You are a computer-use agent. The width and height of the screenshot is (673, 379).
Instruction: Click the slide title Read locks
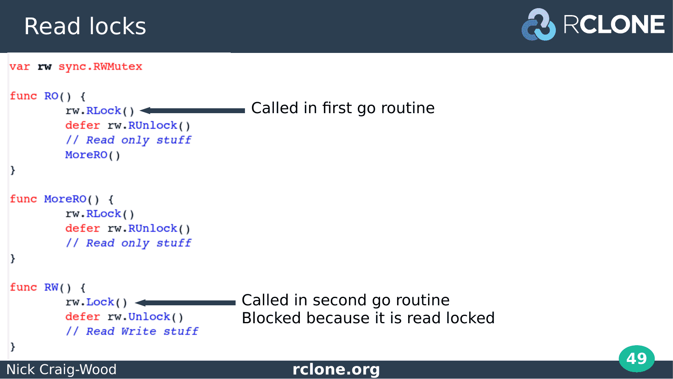pyautogui.click(x=85, y=26)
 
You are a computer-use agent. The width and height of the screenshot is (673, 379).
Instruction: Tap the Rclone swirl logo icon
pyautogui.click(x=538, y=25)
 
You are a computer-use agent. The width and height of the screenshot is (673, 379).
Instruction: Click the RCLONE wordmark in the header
pyautogui.click(x=614, y=24)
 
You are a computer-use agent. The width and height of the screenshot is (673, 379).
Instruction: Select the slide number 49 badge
pyautogui.click(x=637, y=359)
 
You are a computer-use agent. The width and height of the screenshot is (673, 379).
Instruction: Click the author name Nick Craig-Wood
pyautogui.click(x=61, y=369)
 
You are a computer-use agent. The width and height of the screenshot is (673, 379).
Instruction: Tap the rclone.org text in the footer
pyautogui.click(x=336, y=369)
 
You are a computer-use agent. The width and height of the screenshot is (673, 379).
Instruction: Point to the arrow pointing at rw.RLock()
pyautogui.click(x=192, y=111)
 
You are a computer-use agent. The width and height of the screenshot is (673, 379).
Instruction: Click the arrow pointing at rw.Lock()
pyautogui.click(x=185, y=302)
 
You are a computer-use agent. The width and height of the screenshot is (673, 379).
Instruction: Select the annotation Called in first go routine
pyautogui.click(x=343, y=108)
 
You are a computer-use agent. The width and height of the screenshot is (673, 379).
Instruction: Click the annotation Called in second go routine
pyautogui.click(x=345, y=300)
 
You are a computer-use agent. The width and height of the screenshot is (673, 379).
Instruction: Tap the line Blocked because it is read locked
pyautogui.click(x=368, y=318)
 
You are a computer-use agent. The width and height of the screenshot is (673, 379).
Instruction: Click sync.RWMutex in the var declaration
pyautogui.click(x=101, y=66)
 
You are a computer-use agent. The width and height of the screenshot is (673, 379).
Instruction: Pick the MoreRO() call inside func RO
pyautogui.click(x=92, y=155)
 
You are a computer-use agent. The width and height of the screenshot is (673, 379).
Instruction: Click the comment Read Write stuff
pyautogui.click(x=132, y=331)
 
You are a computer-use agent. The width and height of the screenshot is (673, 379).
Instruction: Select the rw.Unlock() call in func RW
pyautogui.click(x=145, y=317)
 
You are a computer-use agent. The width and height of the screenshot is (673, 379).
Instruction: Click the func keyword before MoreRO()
pyautogui.click(x=23, y=199)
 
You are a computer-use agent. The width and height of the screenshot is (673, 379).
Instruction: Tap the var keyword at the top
pyautogui.click(x=20, y=66)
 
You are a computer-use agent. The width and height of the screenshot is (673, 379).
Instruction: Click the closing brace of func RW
pyautogui.click(x=13, y=346)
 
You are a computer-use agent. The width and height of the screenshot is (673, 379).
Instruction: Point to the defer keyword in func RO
pyautogui.click(x=83, y=125)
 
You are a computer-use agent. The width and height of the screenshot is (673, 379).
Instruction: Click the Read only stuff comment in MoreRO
pyautogui.click(x=128, y=243)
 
